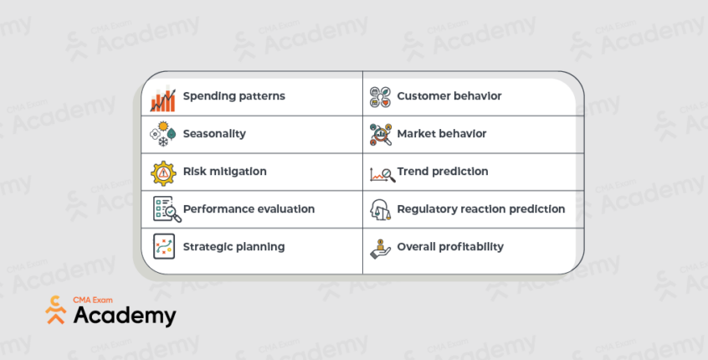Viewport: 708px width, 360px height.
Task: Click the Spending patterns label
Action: tap(233, 96)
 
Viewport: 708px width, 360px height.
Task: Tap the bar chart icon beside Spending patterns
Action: tap(162, 99)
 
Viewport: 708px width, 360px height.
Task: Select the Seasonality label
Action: tap(214, 134)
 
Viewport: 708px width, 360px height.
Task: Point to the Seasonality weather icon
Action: tap(162, 134)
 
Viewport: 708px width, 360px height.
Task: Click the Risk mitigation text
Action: tap(224, 172)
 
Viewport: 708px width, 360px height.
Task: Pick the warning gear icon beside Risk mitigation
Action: tap(162, 172)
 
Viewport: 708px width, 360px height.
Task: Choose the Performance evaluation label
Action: tap(249, 209)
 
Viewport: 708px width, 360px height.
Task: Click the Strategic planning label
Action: tap(233, 247)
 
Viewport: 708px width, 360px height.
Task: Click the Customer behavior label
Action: tap(449, 96)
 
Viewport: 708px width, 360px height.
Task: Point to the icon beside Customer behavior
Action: tap(380, 98)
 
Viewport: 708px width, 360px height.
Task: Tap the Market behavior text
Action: tap(441, 134)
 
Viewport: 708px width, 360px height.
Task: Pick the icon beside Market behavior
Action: tap(380, 134)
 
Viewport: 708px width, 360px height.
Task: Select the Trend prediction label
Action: tap(442, 172)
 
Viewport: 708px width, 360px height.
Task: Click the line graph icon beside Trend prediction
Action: tap(382, 174)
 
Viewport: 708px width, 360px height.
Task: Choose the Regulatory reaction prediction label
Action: tap(480, 209)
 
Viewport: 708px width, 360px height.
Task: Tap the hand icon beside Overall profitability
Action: tap(380, 249)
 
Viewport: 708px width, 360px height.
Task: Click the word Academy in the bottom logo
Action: tap(125, 316)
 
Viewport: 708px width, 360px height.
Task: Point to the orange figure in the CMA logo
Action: tap(56, 310)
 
